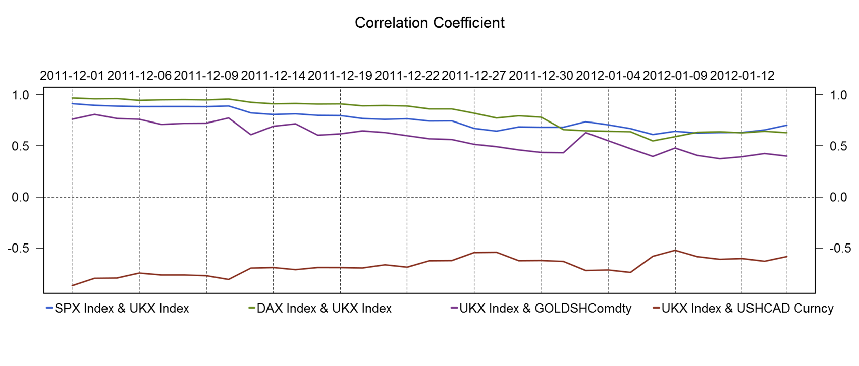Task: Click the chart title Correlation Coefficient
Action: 430,23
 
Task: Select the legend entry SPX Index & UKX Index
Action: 122,308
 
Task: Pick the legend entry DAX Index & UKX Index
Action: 324,308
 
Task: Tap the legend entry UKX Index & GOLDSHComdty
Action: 545,308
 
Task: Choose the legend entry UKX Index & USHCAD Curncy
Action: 747,308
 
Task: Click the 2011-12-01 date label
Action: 72,76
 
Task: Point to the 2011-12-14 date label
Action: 273,76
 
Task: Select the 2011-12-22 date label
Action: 407,76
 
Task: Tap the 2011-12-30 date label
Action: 541,76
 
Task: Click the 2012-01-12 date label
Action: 741,76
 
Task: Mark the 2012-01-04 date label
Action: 608,76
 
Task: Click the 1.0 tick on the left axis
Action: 20,95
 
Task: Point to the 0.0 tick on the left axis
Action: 20,197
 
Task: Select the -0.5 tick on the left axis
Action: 18,248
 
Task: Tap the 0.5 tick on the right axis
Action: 838,146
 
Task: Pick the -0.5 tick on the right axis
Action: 840,248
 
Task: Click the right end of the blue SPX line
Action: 786,125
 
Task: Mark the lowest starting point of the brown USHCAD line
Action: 72,286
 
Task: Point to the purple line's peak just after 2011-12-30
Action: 585,133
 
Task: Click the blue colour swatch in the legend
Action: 49,308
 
